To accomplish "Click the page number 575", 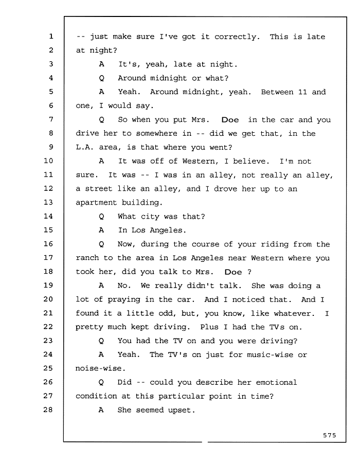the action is coord(329,435).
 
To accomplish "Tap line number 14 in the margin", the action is coord(48,216).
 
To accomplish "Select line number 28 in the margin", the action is coord(48,409).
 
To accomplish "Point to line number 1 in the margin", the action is coord(51,36).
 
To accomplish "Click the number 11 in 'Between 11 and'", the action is coord(302,92).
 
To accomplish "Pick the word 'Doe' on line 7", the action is coord(230,119).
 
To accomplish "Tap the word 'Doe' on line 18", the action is coord(233,272).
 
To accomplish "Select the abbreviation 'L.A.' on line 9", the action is coord(85,147).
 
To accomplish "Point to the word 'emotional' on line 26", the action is coord(276,382).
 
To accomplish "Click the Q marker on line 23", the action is coord(101,341).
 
